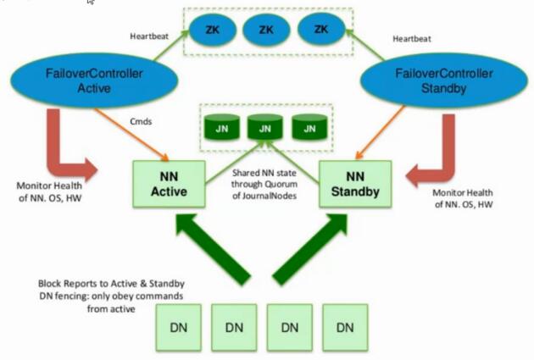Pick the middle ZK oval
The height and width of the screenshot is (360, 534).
(265, 30)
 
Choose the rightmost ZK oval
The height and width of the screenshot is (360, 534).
(320, 30)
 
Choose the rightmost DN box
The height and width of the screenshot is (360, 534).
(345, 326)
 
